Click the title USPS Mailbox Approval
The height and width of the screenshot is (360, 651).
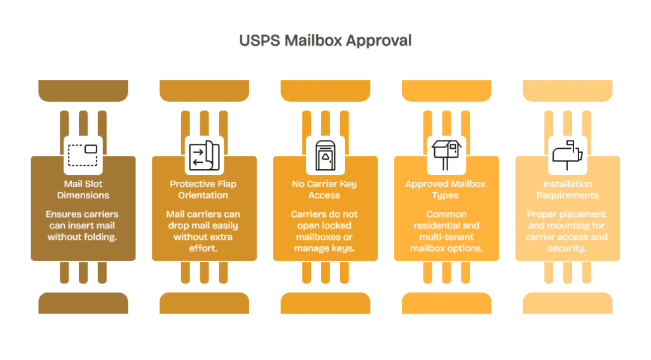[325, 41]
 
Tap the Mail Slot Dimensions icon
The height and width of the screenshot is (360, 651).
[83, 155]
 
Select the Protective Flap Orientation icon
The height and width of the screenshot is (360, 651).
[204, 155]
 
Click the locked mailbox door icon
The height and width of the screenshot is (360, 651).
[325, 155]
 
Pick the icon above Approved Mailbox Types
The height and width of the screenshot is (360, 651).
[446, 155]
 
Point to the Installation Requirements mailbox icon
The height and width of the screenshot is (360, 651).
[567, 155]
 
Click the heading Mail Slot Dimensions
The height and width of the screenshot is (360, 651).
[83, 190]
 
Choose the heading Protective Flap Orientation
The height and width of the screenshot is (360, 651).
[203, 190]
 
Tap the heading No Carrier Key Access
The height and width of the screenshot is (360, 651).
[325, 190]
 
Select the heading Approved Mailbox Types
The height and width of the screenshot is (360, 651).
[446, 190]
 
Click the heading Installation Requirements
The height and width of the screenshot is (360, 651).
[567, 190]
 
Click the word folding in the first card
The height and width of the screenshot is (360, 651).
[101, 237]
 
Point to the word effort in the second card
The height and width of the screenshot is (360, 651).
[203, 249]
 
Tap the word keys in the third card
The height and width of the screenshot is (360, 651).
[342, 249]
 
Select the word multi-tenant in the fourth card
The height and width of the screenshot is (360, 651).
[446, 237]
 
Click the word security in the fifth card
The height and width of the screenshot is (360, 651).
[567, 249]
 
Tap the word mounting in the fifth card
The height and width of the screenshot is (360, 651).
[573, 226]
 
